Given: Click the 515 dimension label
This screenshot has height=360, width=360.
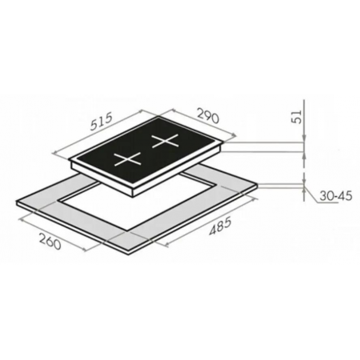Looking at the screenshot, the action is click(x=101, y=122).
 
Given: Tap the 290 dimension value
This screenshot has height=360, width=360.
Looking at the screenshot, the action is click(x=208, y=115).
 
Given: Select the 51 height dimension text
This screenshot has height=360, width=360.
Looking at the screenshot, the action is click(x=298, y=116).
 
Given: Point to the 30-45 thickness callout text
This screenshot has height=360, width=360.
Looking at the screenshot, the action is click(x=336, y=196).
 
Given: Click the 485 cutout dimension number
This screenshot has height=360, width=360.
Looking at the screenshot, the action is click(x=220, y=226).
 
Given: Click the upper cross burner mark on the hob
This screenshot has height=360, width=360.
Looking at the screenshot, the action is click(x=165, y=141).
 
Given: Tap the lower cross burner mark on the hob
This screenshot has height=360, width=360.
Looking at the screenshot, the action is click(x=127, y=159).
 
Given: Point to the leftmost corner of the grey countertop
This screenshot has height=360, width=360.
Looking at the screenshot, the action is click(x=17, y=202).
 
